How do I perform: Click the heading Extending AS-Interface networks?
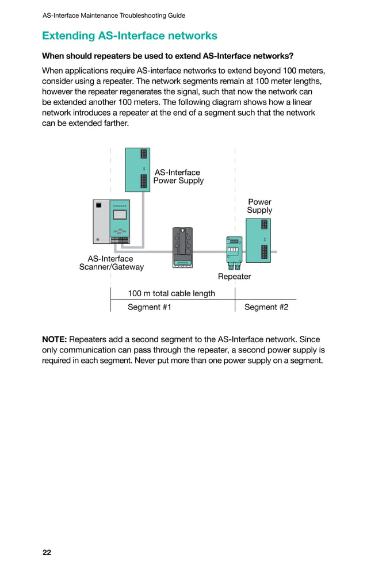click(x=129, y=36)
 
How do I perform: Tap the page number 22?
click(x=47, y=553)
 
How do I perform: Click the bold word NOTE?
click(x=55, y=339)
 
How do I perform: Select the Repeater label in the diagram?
click(x=234, y=277)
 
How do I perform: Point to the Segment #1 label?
click(x=149, y=307)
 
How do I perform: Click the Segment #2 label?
click(x=266, y=307)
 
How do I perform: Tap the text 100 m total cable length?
click(x=171, y=293)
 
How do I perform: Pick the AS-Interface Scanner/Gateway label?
click(x=111, y=263)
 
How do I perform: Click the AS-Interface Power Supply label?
click(x=178, y=177)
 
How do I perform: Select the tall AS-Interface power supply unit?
click(x=137, y=170)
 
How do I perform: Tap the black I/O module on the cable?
click(x=182, y=247)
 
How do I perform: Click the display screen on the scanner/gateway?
click(x=120, y=215)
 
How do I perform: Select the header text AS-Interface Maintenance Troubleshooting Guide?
click(x=114, y=16)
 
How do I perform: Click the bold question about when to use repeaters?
click(x=167, y=56)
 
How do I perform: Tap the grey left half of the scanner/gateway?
click(x=101, y=221)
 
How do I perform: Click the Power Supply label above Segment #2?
click(x=259, y=206)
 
